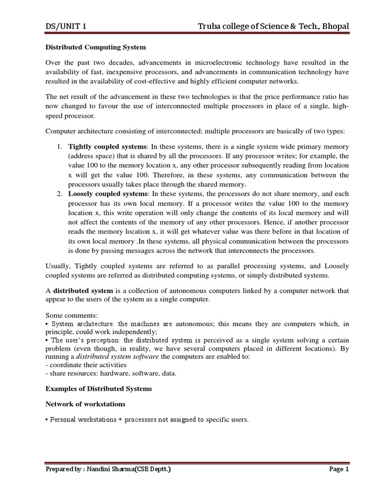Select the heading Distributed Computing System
pyautogui.click(x=95, y=48)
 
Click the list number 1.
pyautogui.click(x=58, y=147)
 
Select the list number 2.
pyautogui.click(x=58, y=194)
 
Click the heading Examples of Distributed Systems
pyautogui.click(x=98, y=389)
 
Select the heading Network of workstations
pyautogui.click(x=85, y=404)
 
